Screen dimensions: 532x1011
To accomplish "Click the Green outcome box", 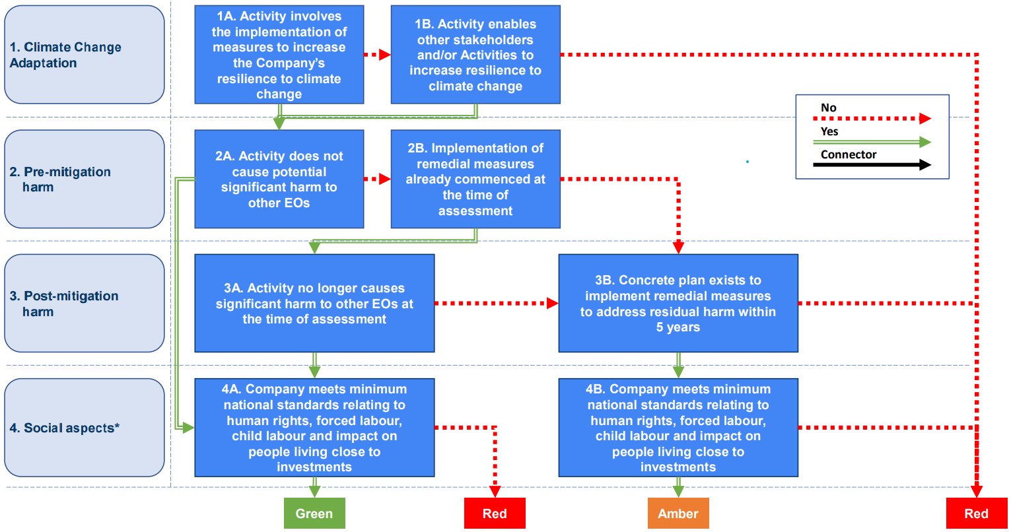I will tap(314, 514).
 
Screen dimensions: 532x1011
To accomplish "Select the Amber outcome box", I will tap(678, 514).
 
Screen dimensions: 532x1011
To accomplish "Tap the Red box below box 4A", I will tap(495, 514).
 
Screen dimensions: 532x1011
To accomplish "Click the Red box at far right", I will tap(976, 514).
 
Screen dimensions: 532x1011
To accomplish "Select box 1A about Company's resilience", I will tap(279, 55).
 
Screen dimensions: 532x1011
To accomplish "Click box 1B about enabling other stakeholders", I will tap(475, 55).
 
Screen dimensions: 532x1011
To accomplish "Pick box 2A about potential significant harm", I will tap(279, 179).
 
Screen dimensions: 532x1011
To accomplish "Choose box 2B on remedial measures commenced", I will tap(475, 179).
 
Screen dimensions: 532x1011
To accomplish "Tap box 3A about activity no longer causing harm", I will tap(314, 303).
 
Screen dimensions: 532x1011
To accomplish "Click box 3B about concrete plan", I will tap(678, 303).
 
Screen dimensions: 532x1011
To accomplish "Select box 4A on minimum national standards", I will tap(314, 427).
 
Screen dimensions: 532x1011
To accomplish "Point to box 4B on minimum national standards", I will tap(678, 427).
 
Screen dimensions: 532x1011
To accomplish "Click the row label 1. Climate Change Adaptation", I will tap(85, 55).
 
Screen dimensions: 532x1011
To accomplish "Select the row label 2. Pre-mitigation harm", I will tap(85, 179).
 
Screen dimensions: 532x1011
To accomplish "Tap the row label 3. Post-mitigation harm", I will tap(85, 303).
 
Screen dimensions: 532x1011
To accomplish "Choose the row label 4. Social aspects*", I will tap(85, 427).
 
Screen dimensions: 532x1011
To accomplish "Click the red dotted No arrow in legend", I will tap(872, 119).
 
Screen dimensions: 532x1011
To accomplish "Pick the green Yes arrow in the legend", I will tap(872, 142).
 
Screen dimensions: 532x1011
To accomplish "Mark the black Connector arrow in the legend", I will tap(872, 165).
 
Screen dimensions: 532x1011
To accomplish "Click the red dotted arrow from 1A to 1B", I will tap(377, 55).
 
